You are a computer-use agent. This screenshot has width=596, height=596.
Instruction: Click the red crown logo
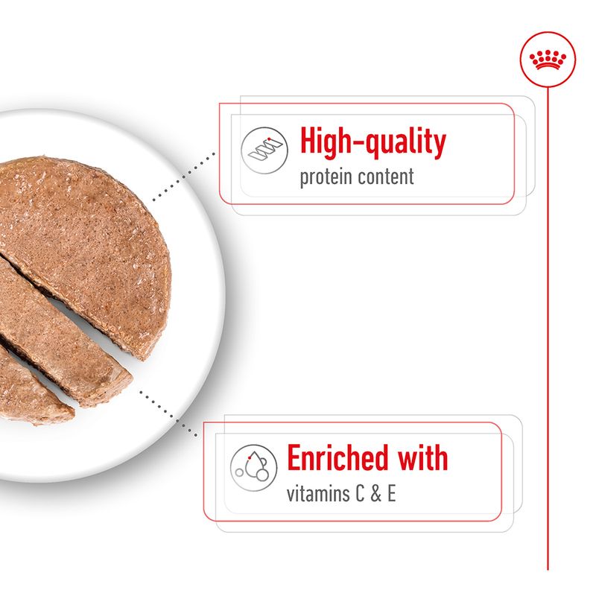click(x=547, y=60)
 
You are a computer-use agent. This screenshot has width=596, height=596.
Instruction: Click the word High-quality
click(x=372, y=142)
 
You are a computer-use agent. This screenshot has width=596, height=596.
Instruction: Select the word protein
click(x=325, y=179)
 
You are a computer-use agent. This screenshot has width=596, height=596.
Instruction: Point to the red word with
click(x=420, y=458)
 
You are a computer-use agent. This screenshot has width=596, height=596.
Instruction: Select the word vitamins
click(x=316, y=495)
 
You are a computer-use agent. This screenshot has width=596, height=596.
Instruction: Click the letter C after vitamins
click(x=358, y=495)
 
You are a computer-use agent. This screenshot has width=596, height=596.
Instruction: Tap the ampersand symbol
click(x=375, y=495)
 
